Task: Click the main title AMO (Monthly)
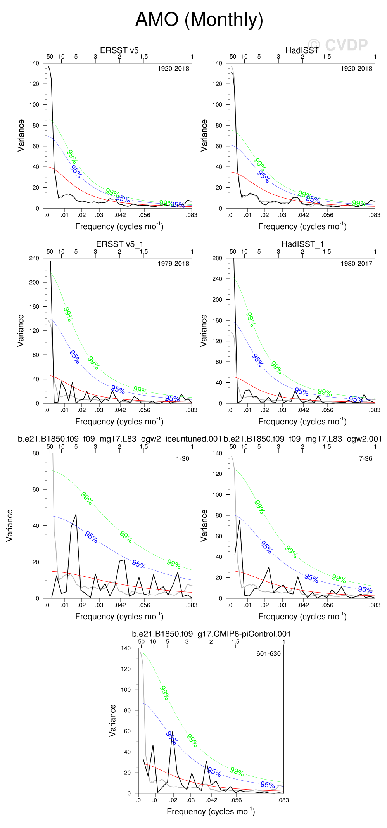tap(199, 19)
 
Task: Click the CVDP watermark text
tap(337, 45)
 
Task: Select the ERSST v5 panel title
tap(119, 50)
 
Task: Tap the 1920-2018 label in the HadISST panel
tap(356, 69)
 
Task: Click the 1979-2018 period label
tap(173, 264)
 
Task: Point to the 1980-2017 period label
tap(356, 264)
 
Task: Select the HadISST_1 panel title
tap(302, 244)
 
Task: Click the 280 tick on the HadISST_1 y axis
tap(217, 258)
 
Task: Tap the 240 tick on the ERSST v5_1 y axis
tap(34, 258)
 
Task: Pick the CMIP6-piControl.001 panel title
tap(211, 634)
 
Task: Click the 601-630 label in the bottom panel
tap(268, 653)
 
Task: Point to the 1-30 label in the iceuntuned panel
tap(182, 459)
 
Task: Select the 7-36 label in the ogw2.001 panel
tap(365, 459)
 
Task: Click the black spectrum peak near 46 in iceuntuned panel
tap(76, 515)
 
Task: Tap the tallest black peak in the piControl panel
tap(172, 733)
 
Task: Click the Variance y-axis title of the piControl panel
tap(112, 720)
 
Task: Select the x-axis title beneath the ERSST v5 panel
tap(119, 226)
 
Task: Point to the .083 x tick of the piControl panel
tap(283, 800)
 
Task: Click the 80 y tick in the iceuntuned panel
tap(36, 453)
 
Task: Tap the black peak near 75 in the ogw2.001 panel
tap(240, 520)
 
